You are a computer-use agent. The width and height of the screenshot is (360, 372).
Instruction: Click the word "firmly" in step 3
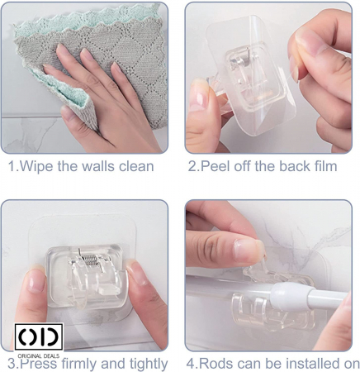tap(79, 364)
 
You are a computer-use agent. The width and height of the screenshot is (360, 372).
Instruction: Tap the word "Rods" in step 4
tap(214, 363)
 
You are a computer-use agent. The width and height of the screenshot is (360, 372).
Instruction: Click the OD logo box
tap(39, 336)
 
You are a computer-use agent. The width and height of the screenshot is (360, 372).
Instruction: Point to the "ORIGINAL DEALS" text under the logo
tap(39, 355)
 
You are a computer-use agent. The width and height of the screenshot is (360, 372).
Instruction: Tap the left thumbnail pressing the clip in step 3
tap(36, 281)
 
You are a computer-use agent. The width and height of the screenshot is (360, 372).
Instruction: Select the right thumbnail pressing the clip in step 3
tap(136, 273)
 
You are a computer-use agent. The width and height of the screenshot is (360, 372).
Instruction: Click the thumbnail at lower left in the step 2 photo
tap(199, 94)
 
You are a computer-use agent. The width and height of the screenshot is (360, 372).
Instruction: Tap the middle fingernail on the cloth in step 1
tap(86, 55)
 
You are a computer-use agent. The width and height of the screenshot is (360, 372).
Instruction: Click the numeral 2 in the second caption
tap(192, 166)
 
